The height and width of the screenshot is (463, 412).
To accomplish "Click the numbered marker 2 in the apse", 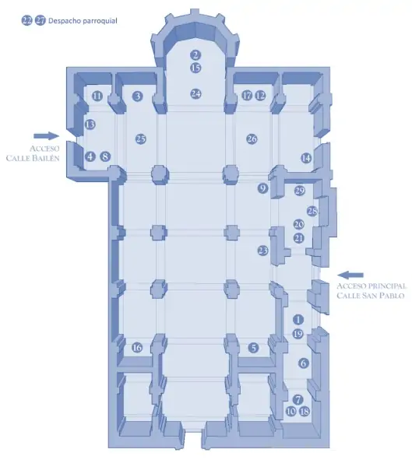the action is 195,55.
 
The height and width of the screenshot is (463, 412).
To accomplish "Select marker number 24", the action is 195,93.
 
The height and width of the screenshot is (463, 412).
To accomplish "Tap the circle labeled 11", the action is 97,96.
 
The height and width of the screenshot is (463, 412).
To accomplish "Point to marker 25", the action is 141,139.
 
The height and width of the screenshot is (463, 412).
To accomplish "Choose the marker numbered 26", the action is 252,139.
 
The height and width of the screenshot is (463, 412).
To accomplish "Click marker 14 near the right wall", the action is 306,158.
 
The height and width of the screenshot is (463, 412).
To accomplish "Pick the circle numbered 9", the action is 262,188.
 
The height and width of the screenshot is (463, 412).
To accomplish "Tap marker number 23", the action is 262,251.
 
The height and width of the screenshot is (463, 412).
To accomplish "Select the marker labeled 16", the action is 137,347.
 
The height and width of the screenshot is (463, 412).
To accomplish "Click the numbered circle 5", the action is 253,348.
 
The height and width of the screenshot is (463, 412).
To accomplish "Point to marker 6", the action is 304,363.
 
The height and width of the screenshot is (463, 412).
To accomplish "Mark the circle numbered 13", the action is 90,125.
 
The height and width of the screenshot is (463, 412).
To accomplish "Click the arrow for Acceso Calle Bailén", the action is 47,136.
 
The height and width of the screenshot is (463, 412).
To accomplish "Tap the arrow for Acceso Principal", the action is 350,275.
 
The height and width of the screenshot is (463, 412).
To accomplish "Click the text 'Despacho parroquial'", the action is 83,21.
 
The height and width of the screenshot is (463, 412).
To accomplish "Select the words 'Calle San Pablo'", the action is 371,295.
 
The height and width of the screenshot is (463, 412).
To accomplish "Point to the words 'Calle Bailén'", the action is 33,158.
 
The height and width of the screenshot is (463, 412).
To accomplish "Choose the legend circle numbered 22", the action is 27,21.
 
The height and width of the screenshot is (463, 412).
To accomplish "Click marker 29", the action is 299,191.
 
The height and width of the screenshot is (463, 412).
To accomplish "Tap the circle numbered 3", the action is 137,96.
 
